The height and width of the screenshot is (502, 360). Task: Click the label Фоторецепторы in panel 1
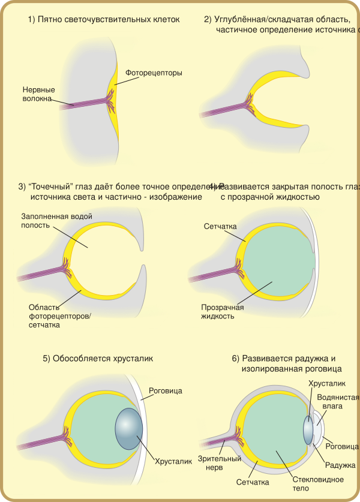pyautogui.click(x=154, y=73)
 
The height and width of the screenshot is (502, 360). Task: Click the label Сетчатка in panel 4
pyautogui.click(x=221, y=227)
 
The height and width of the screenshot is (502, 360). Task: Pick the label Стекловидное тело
pyautogui.click(x=310, y=484)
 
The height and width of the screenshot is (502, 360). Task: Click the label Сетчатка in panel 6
pyautogui.click(x=253, y=482)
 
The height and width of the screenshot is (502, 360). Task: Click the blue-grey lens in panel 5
pyautogui.click(x=129, y=428)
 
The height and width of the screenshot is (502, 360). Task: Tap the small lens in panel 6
pyautogui.click(x=308, y=429)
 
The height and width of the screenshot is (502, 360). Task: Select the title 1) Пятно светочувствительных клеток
pyautogui.click(x=103, y=20)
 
